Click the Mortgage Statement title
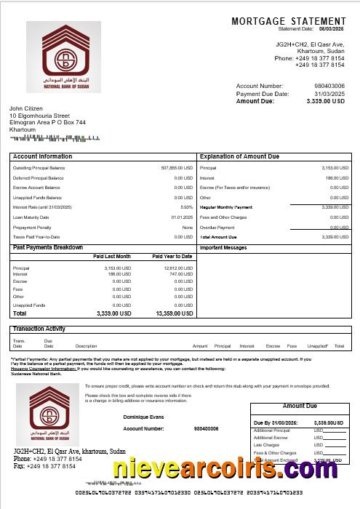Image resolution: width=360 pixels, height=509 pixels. click(x=288, y=22)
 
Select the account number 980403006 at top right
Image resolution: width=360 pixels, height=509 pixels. click(x=329, y=86)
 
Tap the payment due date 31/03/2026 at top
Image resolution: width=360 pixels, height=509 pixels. click(x=329, y=94)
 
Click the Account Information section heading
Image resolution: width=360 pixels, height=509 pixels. click(x=43, y=156)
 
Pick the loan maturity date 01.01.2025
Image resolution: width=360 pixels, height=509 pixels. click(x=182, y=217)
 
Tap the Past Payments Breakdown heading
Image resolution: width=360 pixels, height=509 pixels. click(x=48, y=248)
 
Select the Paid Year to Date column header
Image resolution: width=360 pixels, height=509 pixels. click(x=172, y=257)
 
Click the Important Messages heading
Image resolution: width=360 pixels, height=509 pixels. click(x=223, y=248)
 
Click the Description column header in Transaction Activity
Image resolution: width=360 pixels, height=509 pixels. click(x=86, y=346)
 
